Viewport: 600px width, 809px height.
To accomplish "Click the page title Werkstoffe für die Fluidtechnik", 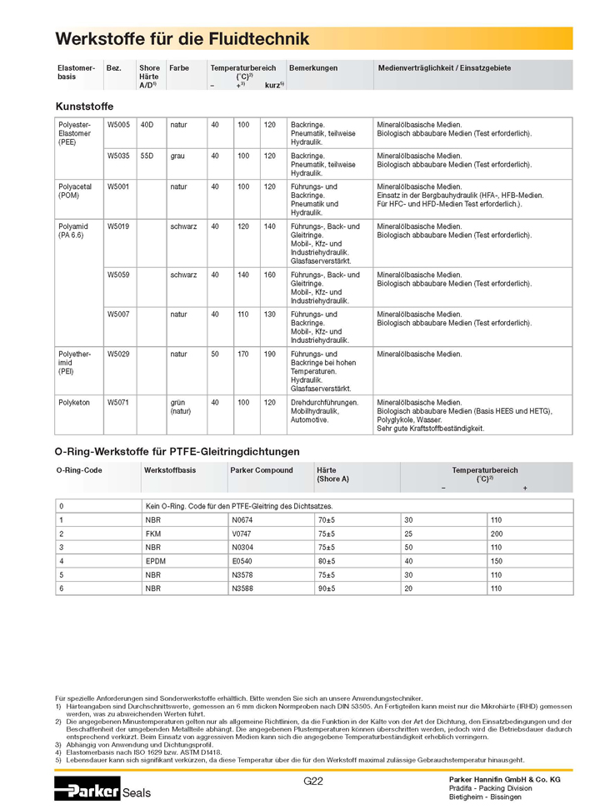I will coord(182,39).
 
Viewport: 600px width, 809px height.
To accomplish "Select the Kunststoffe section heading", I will coord(84,107).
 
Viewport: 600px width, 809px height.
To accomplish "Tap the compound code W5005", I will coord(118,125).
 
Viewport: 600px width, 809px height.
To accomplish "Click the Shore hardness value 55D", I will coord(147,156).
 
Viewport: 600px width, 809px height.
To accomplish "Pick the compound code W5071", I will coord(118,403).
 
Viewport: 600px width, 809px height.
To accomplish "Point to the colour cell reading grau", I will coord(177,156).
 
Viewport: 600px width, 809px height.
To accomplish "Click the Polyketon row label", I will coord(74,403).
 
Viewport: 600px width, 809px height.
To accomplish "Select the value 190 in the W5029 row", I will coord(269,355).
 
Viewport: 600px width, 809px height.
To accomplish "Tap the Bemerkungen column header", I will coord(313,68).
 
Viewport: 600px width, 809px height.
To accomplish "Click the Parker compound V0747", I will coord(242,533).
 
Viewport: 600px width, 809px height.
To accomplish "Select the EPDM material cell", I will coord(156,561).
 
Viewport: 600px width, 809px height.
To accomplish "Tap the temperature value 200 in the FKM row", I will coord(497,533).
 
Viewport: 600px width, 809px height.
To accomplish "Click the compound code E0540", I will coord(242,561).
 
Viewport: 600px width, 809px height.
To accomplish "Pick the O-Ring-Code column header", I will coord(79,470).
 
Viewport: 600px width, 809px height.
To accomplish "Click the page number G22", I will coord(313,781).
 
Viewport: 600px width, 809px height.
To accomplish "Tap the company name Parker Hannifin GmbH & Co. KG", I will coord(505,779).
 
